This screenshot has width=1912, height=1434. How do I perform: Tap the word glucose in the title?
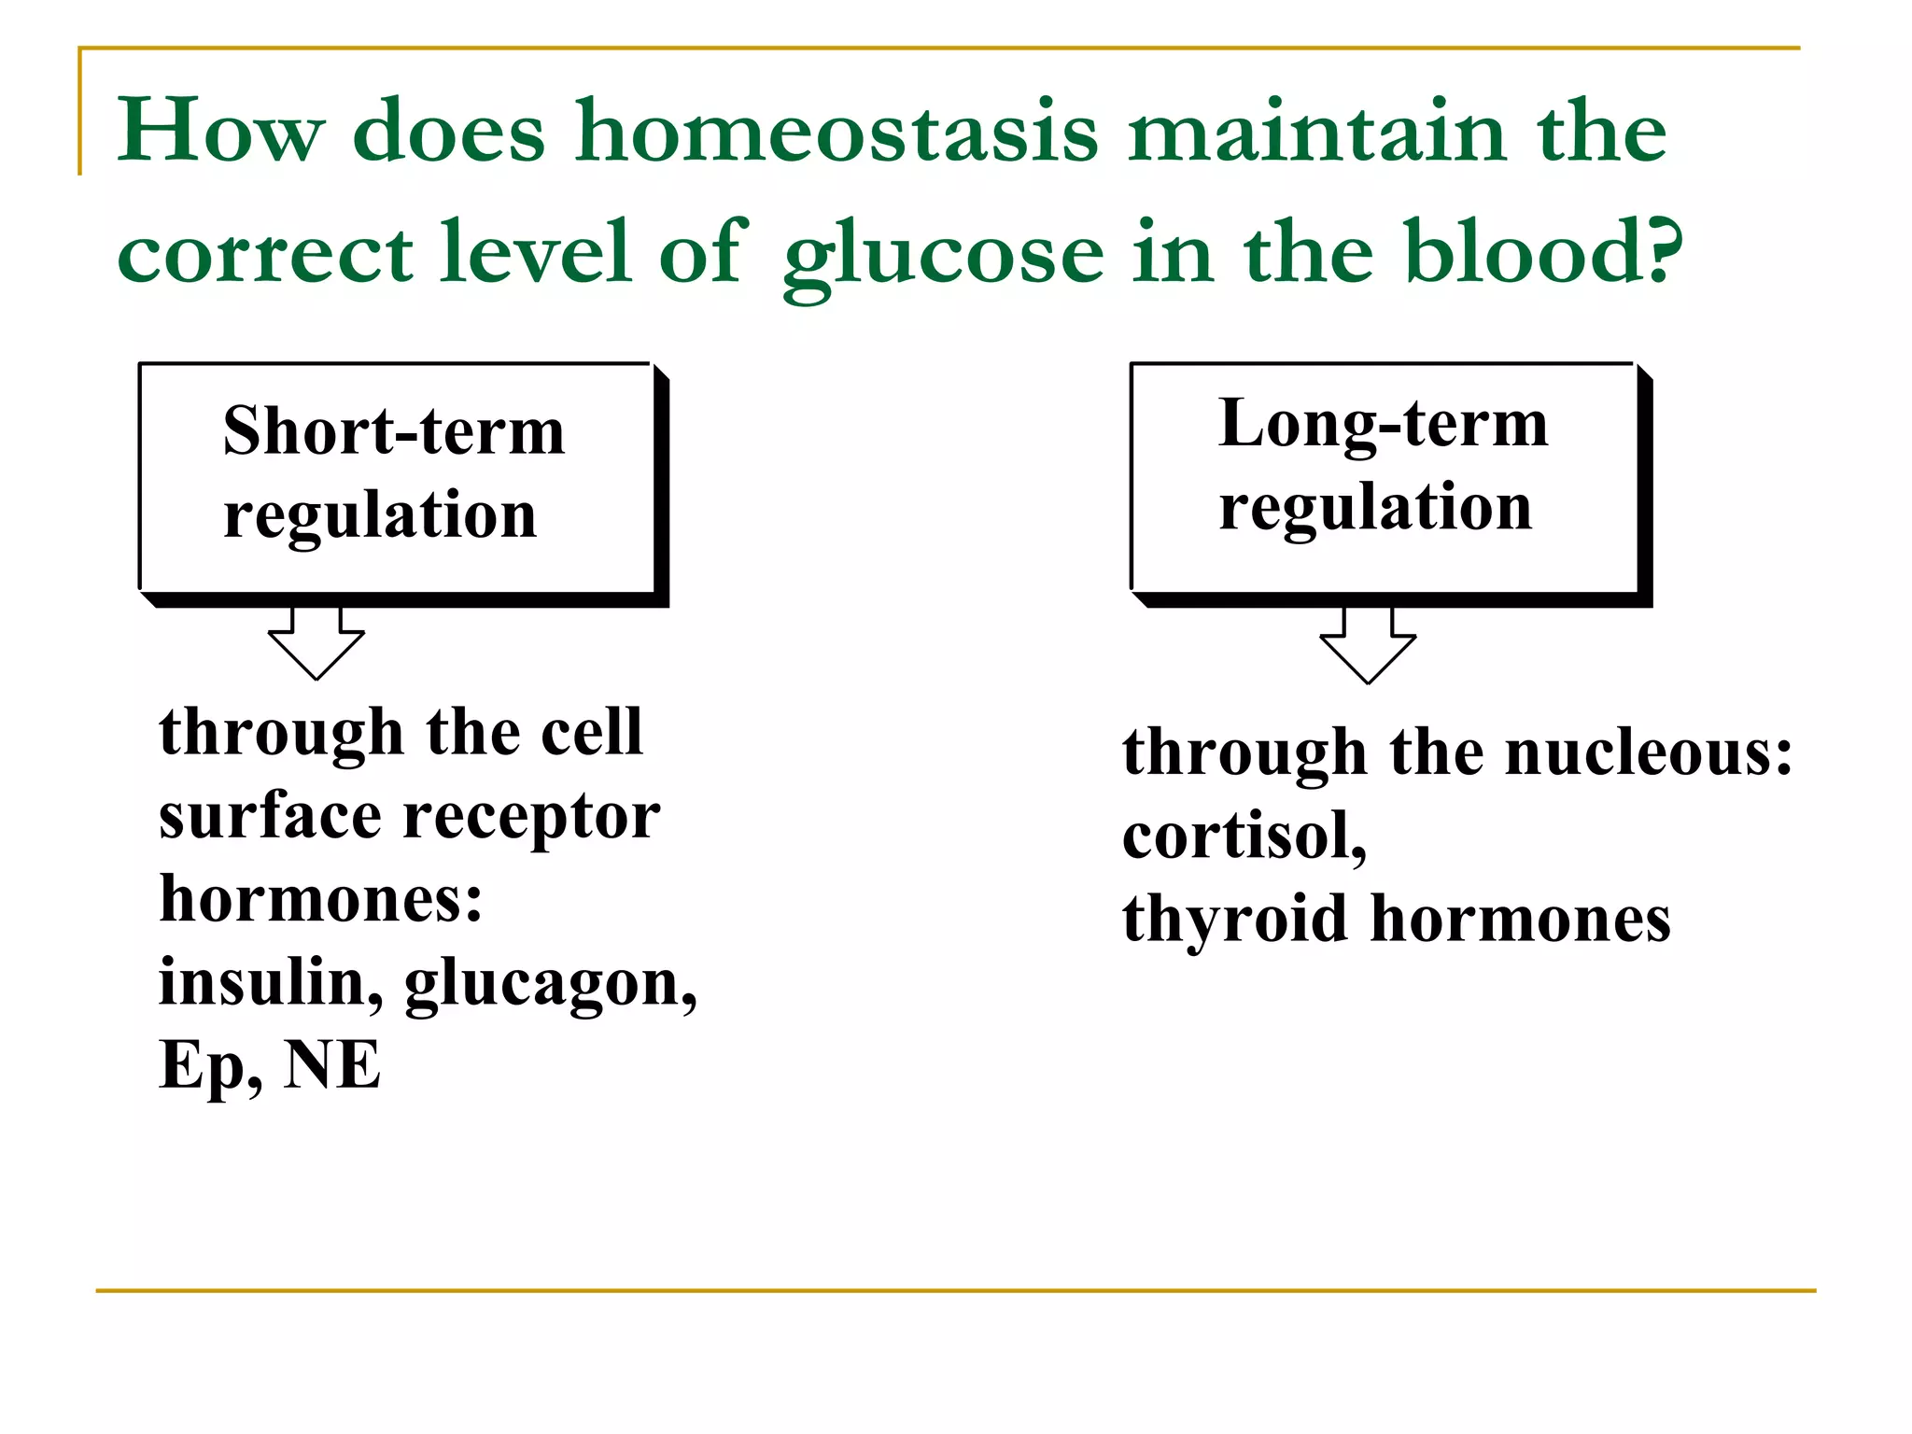coord(943,254)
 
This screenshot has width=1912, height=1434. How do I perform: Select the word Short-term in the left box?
coord(393,432)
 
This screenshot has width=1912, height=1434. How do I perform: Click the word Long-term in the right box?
coord(1383,425)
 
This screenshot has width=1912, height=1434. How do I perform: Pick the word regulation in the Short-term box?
coord(380,515)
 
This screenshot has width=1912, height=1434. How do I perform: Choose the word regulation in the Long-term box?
coord(1375,507)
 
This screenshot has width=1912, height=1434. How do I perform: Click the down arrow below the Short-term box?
coord(316,643)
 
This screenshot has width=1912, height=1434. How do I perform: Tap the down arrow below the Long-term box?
coord(1368,646)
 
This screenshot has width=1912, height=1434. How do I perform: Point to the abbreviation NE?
coord(332,1064)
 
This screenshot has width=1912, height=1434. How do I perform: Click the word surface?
coord(270,817)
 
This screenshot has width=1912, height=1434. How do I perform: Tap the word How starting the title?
coord(220,133)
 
